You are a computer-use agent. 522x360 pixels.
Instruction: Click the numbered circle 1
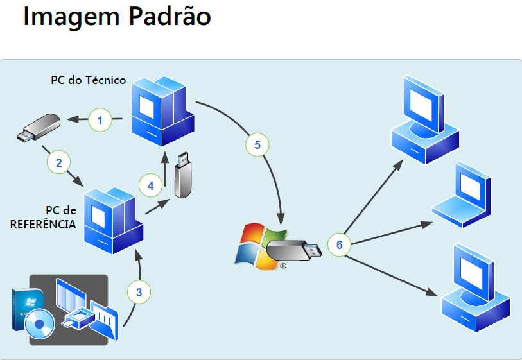[100, 120]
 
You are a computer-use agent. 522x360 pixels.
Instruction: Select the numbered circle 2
[58, 162]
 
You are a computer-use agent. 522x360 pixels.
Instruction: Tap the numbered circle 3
[139, 292]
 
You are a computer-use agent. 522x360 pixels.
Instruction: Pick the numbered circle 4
[150, 185]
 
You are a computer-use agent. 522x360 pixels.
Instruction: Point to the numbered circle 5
[257, 145]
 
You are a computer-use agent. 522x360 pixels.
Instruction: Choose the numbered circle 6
[339, 244]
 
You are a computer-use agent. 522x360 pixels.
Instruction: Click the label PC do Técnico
[88, 80]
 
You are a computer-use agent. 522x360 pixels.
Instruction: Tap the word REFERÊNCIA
[43, 224]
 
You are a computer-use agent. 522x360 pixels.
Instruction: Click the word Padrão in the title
[170, 16]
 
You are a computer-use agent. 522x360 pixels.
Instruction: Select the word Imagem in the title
[71, 17]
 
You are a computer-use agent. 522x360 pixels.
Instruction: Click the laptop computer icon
[462, 194]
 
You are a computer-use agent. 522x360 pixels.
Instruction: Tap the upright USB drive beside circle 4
[183, 175]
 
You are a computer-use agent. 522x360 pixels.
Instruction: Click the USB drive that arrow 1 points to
[39, 128]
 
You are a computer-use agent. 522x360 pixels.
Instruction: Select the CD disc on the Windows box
[40, 323]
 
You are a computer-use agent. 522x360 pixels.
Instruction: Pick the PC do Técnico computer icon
[163, 111]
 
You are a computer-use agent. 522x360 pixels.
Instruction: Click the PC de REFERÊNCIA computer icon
[114, 221]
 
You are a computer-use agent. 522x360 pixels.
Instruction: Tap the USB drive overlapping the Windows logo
[294, 250]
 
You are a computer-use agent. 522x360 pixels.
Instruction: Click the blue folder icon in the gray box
[104, 320]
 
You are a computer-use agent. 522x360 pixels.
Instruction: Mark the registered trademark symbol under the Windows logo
[283, 266]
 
